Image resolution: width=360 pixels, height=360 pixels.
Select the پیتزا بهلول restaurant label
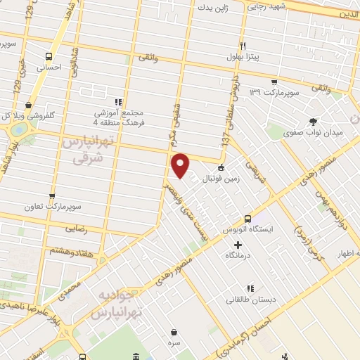tap(243, 58)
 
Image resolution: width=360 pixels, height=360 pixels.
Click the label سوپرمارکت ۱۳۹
tap(278, 92)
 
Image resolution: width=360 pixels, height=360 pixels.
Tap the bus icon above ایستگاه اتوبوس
tap(247, 219)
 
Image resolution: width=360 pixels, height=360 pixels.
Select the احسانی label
tap(49, 68)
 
